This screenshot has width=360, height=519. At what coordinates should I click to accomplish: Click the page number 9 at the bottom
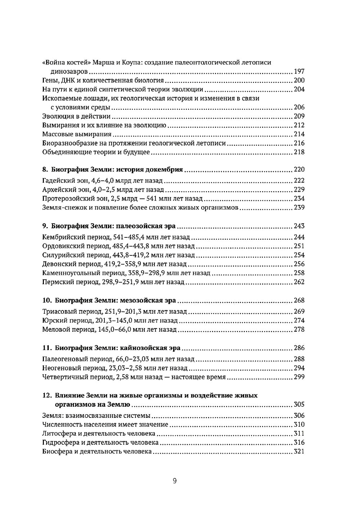pyautogui.click(x=175, y=481)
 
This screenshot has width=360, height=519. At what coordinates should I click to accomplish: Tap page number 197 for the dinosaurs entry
pyautogui.click(x=299, y=72)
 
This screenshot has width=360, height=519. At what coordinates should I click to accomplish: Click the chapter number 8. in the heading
pyautogui.click(x=45, y=170)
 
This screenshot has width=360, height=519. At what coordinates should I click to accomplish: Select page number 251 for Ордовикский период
pyautogui.click(x=299, y=246)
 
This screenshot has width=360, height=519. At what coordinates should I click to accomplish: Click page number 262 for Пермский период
pyautogui.click(x=299, y=282)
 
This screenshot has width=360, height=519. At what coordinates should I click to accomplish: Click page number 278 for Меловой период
pyautogui.click(x=299, y=330)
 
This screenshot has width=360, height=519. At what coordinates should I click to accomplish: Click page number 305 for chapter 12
pyautogui.click(x=299, y=404)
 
